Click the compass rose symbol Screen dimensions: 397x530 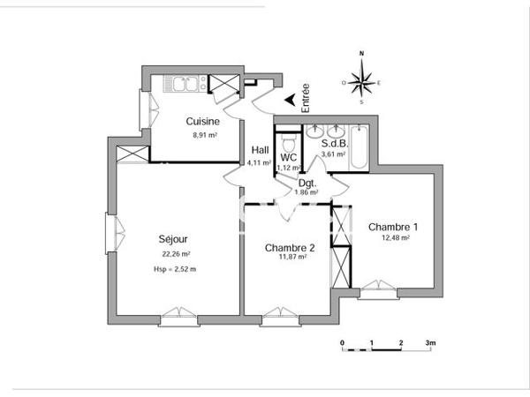[x=361, y=81]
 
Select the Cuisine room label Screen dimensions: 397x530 [x=203, y=122]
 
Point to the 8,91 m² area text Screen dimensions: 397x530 [x=204, y=136]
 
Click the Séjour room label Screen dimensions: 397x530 [x=173, y=238]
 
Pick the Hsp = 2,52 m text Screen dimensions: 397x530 [x=174, y=269]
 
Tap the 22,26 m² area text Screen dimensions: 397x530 [x=173, y=254]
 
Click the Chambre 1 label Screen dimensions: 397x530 [x=393, y=226]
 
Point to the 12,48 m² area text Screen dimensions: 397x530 [x=394, y=238]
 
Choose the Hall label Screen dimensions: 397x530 [x=261, y=149]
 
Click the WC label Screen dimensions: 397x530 [x=288, y=157]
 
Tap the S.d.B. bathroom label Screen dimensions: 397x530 [x=335, y=143]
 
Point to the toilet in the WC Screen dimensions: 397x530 [x=287, y=142]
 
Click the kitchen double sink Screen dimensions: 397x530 [x=185, y=85]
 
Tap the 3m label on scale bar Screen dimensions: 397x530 [x=430, y=341]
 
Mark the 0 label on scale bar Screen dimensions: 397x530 [x=342, y=341]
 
